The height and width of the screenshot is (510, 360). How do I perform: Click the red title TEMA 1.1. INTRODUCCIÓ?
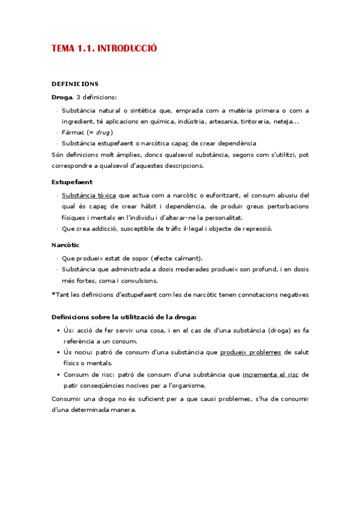coord(104,49)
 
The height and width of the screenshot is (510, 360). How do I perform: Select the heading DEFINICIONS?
coord(75,84)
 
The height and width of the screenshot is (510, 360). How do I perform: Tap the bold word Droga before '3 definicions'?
coord(62,97)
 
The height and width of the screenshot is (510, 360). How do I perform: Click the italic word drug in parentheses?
coord(103,132)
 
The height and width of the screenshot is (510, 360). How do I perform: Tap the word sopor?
coord(135,258)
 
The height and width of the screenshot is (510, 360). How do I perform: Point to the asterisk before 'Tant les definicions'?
coord(53,295)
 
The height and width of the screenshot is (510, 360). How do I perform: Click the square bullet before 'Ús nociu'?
coord(58,352)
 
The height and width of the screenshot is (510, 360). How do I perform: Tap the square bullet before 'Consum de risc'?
coord(58,375)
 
